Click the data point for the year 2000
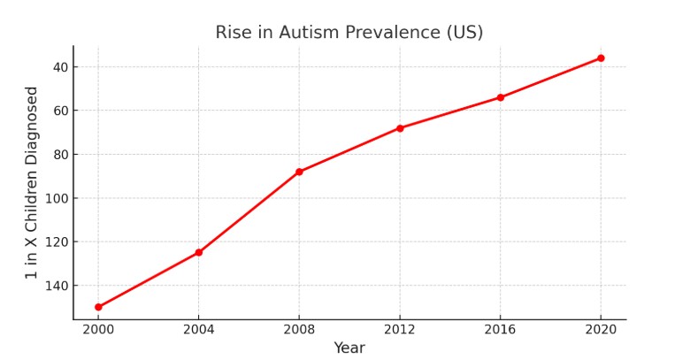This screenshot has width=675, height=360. [98, 307]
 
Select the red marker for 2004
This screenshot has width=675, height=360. [198, 252]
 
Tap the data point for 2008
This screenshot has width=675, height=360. [299, 172]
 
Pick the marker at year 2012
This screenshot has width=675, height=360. [400, 128]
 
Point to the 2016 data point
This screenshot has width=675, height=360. [500, 97]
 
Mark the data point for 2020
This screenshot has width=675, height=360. [601, 58]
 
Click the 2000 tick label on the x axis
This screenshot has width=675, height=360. [98, 330]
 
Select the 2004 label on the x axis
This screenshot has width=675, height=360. [198, 330]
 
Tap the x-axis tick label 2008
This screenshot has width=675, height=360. [299, 330]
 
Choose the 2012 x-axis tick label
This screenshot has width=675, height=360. [400, 330]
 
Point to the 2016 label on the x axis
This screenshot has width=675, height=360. [500, 330]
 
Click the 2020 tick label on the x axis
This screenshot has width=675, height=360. [601, 330]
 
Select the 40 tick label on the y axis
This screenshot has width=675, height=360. [60, 66]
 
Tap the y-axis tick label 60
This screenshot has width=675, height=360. [60, 111]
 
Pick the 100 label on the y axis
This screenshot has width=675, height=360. [57, 198]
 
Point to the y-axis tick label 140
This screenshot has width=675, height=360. [57, 286]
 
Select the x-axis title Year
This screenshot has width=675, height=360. [349, 349]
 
